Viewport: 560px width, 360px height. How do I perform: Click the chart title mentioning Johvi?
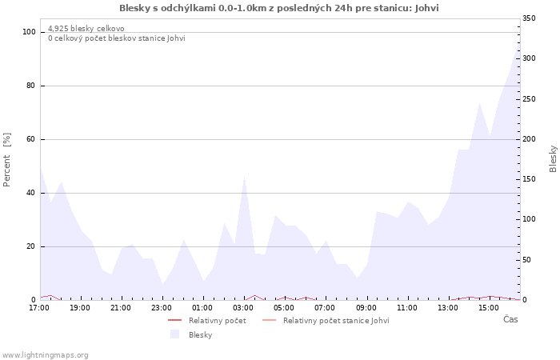(279, 8)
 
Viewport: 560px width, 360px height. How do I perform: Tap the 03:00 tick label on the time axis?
(244, 308)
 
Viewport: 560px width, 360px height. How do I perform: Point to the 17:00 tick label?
(39, 308)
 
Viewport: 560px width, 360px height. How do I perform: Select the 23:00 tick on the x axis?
(162, 308)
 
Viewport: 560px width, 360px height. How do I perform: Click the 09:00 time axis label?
(366, 308)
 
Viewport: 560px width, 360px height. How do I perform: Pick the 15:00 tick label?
(490, 308)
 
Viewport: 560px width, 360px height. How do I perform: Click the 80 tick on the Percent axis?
(30, 86)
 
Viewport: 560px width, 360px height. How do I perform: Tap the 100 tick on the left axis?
(29, 32)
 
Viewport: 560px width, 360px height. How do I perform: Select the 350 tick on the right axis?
(530, 18)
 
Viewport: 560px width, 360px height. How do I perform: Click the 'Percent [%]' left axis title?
(7, 160)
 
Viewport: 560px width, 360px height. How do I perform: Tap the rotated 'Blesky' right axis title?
(553, 158)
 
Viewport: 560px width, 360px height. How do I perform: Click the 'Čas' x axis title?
(510, 319)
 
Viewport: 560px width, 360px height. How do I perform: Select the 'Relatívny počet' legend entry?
(217, 321)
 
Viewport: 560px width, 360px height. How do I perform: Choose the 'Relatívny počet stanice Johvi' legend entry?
(336, 321)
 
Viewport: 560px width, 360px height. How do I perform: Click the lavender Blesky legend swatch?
(174, 334)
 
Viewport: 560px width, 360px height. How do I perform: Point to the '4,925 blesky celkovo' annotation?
(86, 29)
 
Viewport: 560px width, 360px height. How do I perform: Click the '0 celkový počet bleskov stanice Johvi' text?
(116, 38)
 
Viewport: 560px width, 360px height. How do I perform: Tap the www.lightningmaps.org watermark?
(46, 354)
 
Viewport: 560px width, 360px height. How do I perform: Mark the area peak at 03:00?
(244, 175)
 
